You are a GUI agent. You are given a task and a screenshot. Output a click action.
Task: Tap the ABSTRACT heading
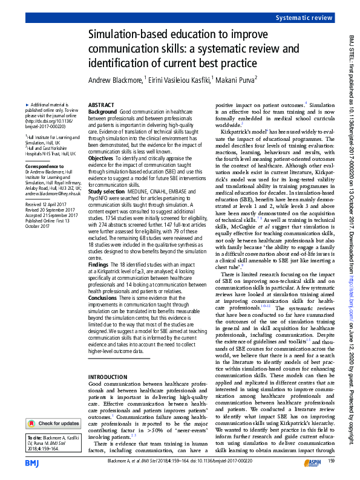[101, 105]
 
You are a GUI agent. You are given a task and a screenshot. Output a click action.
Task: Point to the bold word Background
[103, 112]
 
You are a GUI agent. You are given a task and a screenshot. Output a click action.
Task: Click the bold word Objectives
[102, 157]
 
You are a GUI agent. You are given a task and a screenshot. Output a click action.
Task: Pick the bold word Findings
[99, 265]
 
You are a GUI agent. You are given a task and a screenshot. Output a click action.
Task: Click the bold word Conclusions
[103, 297]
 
